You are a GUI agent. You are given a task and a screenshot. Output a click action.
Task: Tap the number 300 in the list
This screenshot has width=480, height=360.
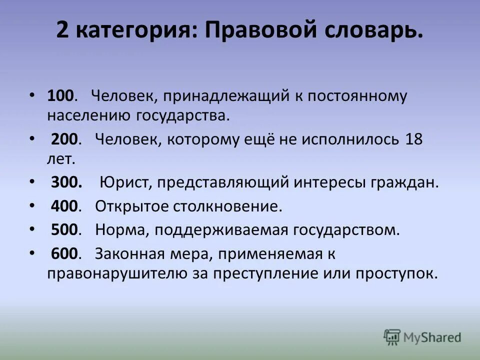66,182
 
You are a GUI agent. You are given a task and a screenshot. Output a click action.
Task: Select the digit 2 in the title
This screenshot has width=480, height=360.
62,31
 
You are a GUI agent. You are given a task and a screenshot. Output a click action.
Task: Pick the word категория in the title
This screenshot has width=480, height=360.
134,32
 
